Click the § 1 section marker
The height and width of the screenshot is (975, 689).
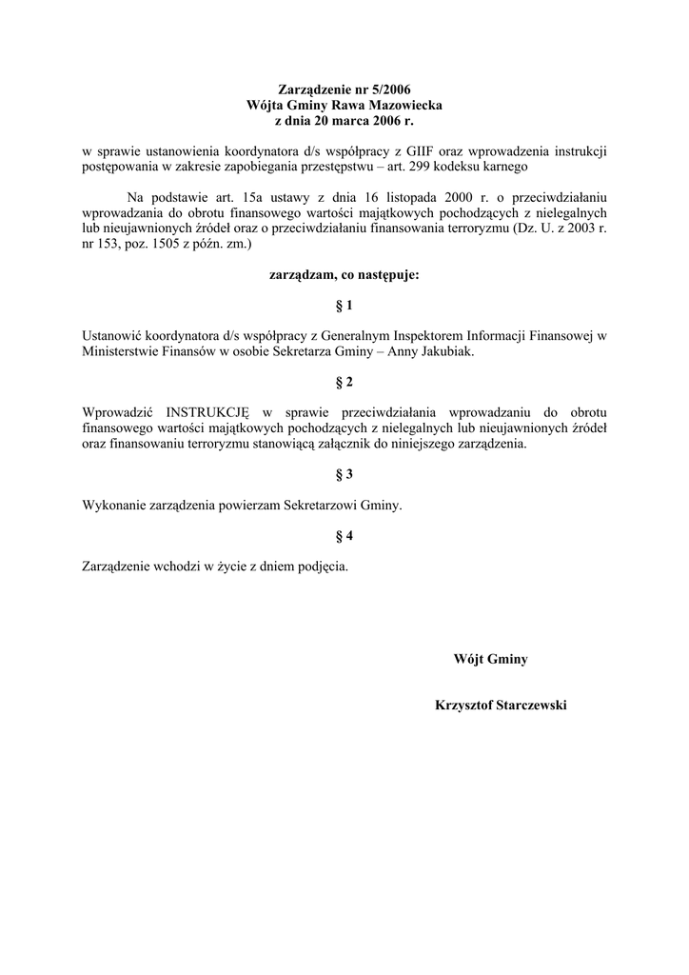[x=344, y=305]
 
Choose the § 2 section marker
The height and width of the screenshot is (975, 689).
[x=344, y=382]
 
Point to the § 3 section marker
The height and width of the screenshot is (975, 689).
[x=344, y=474]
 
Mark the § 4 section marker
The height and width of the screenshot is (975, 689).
[x=344, y=536]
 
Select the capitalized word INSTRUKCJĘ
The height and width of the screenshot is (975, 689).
[x=207, y=412]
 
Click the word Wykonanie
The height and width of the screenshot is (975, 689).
[x=114, y=506]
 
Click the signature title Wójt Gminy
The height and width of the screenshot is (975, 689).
[x=491, y=659]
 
